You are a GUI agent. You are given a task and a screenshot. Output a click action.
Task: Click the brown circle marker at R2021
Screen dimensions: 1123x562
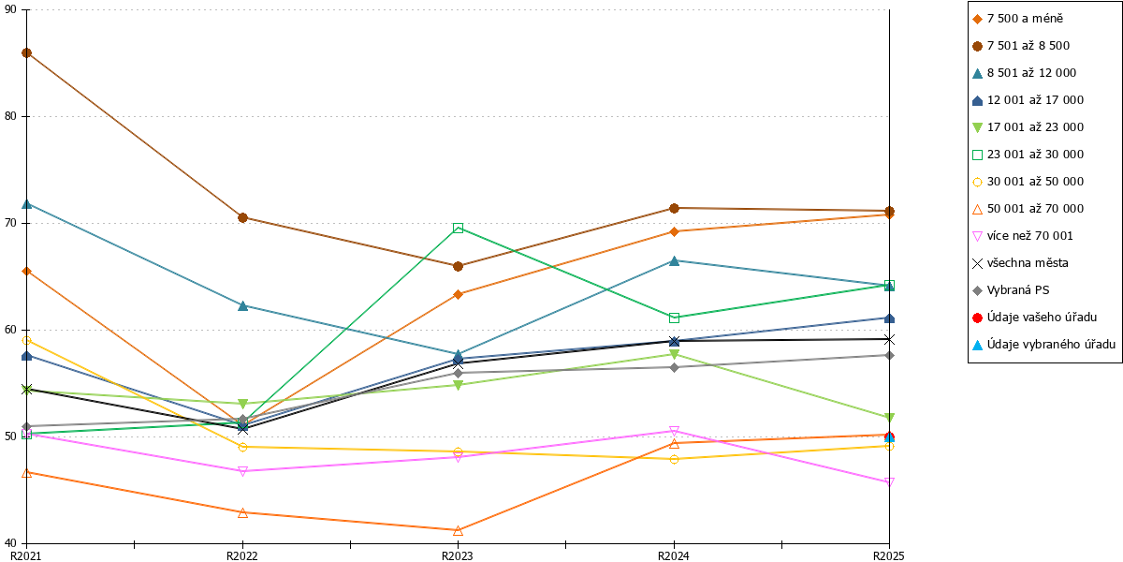(x=27, y=53)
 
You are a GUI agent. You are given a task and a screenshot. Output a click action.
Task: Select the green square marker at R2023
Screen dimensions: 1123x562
(x=458, y=229)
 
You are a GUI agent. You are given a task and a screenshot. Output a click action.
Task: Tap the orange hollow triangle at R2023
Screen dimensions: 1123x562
(x=458, y=530)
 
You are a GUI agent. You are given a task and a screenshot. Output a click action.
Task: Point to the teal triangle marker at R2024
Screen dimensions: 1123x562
(x=675, y=261)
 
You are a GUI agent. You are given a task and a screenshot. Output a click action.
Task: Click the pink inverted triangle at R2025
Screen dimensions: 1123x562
(x=889, y=482)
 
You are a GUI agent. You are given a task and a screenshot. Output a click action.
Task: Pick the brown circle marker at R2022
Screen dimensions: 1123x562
(x=242, y=217)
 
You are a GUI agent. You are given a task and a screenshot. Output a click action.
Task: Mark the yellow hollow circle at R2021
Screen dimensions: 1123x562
(x=27, y=341)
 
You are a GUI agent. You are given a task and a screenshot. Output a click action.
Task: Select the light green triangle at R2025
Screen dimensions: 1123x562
(x=889, y=418)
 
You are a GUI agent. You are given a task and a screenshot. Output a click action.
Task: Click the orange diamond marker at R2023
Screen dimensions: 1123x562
(x=458, y=294)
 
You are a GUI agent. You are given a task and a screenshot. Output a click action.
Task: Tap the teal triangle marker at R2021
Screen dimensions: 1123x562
(x=27, y=204)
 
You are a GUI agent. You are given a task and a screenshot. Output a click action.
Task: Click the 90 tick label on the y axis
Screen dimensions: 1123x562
(x=10, y=9)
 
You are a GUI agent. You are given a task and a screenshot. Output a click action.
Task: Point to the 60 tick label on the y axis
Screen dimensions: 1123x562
(x=10, y=330)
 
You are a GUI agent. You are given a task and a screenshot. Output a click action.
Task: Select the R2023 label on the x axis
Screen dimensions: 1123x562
(x=458, y=556)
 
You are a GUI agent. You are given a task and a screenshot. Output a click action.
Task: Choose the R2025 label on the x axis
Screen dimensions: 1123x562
(x=889, y=556)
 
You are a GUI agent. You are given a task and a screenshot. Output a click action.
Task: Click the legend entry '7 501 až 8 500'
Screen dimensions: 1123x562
(x=1021, y=46)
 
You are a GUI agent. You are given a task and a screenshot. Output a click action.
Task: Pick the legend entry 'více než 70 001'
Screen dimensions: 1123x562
(x=1023, y=236)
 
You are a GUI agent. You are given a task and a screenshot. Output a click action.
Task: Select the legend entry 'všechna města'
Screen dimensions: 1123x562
(x=1020, y=263)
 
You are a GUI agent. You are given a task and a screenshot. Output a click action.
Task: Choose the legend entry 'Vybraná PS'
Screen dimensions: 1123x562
(x=1011, y=290)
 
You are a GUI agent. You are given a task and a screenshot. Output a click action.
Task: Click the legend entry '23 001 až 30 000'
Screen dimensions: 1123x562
(x=1028, y=154)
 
